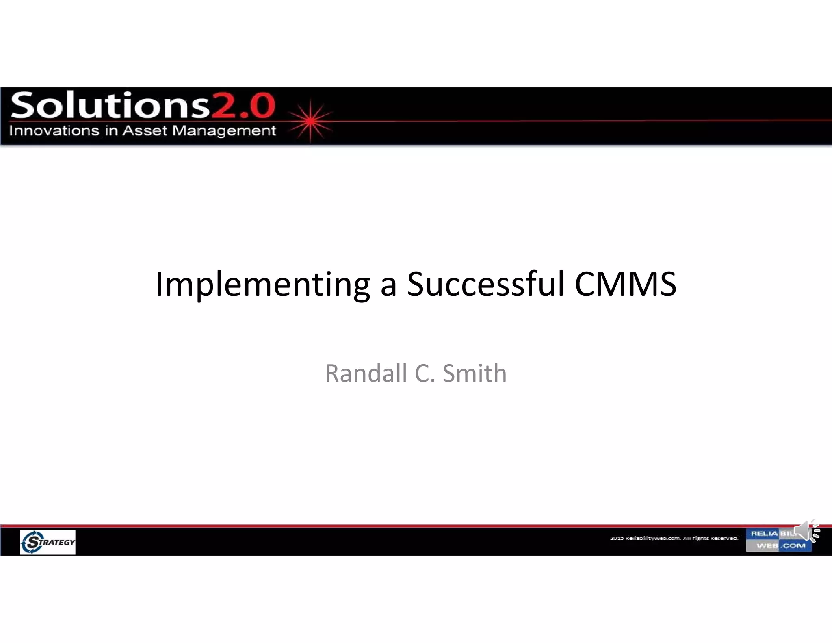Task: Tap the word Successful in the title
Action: tap(485, 284)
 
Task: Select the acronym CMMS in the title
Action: tap(626, 284)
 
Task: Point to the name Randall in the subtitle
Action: tap(366, 373)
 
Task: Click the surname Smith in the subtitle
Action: tap(474, 373)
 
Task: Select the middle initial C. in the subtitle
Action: tap(425, 373)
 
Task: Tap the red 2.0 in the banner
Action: tap(243, 106)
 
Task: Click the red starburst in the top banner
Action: tap(311, 121)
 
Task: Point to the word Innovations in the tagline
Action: tap(54, 131)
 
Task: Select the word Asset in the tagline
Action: tap(145, 131)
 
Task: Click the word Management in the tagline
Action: tap(224, 131)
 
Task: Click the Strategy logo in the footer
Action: tap(48, 542)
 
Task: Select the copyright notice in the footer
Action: tap(674, 538)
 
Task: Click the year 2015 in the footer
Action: tap(617, 538)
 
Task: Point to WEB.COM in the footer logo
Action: tap(781, 546)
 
